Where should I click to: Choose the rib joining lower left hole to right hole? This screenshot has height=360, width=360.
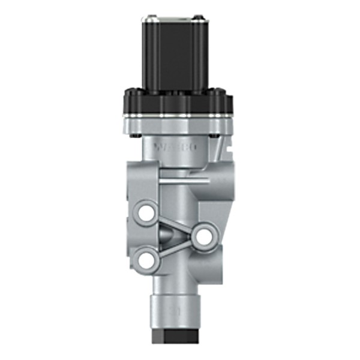[175, 247]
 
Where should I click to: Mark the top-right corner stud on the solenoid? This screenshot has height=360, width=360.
[216, 17]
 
